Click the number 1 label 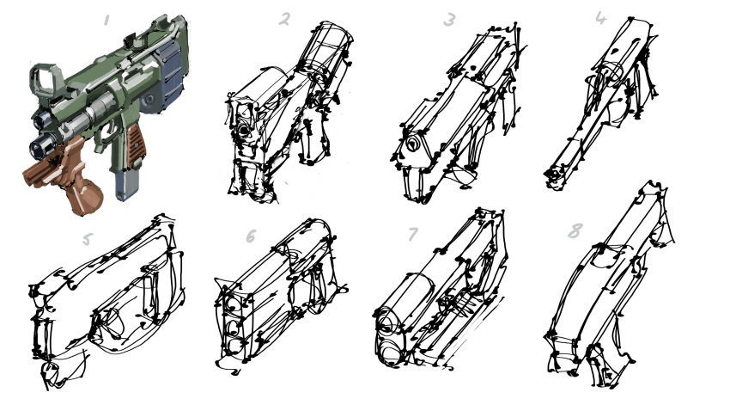coord(106,20)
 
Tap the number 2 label coord(285,19)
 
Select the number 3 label coord(449,20)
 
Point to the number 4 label coord(601,18)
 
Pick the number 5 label coord(87,240)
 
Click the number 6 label coord(251,236)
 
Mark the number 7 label coord(412,235)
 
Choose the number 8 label coord(575,231)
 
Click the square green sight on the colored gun coord(45,80)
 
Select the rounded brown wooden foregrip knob coord(86,197)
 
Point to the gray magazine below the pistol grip coord(125,185)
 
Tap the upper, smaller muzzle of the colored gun coord(41,120)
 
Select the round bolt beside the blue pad coord(149,99)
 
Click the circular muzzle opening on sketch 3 coord(412,143)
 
